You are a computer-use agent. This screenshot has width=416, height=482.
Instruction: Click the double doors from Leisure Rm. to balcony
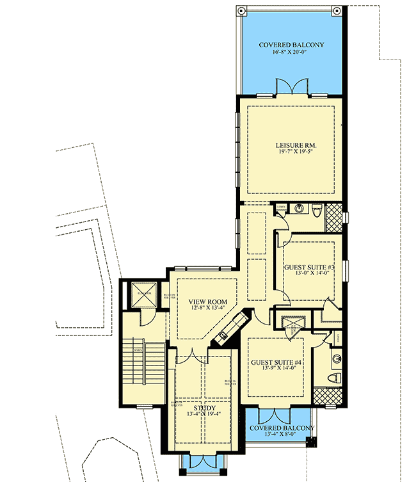pos(292,88)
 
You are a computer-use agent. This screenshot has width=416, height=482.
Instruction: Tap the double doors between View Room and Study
pos(190,358)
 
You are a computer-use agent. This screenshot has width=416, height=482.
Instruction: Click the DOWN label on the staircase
pos(138,350)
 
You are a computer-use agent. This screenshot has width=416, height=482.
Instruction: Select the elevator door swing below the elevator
pos(145,316)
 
